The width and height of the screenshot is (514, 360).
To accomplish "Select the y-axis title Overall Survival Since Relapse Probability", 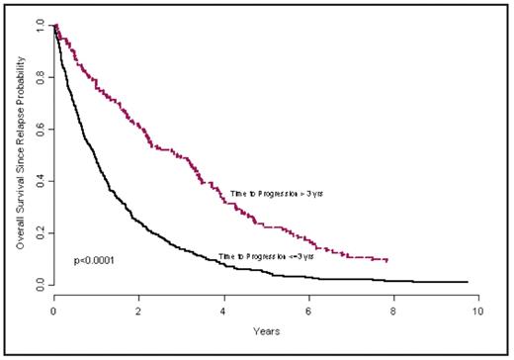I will (21, 155).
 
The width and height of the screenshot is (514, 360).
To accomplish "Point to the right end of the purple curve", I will (386, 260).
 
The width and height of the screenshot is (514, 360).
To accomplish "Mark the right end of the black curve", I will (468, 282).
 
